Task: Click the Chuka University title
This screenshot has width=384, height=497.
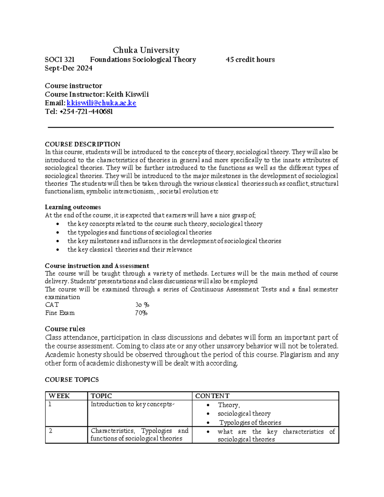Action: click(146, 50)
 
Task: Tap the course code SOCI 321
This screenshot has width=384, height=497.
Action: click(60, 60)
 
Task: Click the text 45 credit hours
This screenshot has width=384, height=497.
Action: click(250, 60)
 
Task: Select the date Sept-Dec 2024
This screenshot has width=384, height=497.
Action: click(68, 68)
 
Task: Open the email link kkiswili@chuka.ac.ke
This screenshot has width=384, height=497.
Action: click(101, 103)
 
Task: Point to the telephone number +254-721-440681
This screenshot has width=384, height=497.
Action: click(86, 112)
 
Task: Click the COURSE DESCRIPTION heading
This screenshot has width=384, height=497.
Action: click(83, 144)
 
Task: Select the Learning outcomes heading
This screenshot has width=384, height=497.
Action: click(73, 207)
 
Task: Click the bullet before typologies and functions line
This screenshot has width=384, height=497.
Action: click(58, 233)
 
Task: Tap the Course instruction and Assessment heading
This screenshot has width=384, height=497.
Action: click(97, 266)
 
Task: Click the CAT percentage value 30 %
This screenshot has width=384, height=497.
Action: click(142, 305)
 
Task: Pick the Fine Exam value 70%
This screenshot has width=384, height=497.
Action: click(141, 313)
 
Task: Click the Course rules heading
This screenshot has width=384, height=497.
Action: click(65, 329)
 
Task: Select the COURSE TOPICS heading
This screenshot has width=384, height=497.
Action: click(72, 380)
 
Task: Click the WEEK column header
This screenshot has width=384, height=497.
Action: click(59, 396)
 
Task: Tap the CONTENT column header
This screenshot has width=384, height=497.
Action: click(212, 396)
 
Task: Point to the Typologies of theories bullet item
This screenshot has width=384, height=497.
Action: click(250, 423)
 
